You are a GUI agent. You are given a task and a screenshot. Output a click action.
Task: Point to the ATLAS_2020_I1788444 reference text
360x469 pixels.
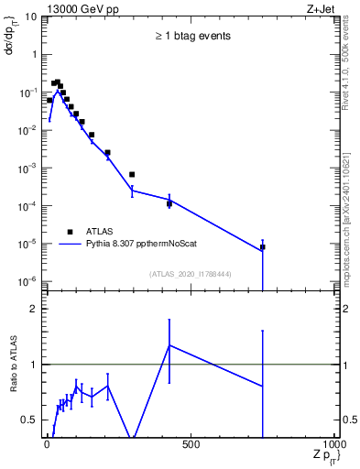[x=191, y=273]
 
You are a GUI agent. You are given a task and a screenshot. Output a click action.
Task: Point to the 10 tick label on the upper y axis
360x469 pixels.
[x=30, y=16]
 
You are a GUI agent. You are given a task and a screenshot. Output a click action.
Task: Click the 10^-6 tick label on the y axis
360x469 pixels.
[x=27, y=281]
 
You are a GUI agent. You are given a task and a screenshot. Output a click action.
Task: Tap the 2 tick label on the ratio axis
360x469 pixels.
[x=36, y=309]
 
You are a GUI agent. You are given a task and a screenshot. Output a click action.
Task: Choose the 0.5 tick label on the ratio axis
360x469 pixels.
[x=31, y=420]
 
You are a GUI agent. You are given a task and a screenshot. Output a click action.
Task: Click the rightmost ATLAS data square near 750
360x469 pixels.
[x=262, y=247]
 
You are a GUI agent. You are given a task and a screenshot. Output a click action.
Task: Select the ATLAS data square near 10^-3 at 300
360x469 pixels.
[x=132, y=174]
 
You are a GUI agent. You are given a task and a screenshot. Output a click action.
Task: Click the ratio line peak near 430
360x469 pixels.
[x=169, y=345]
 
